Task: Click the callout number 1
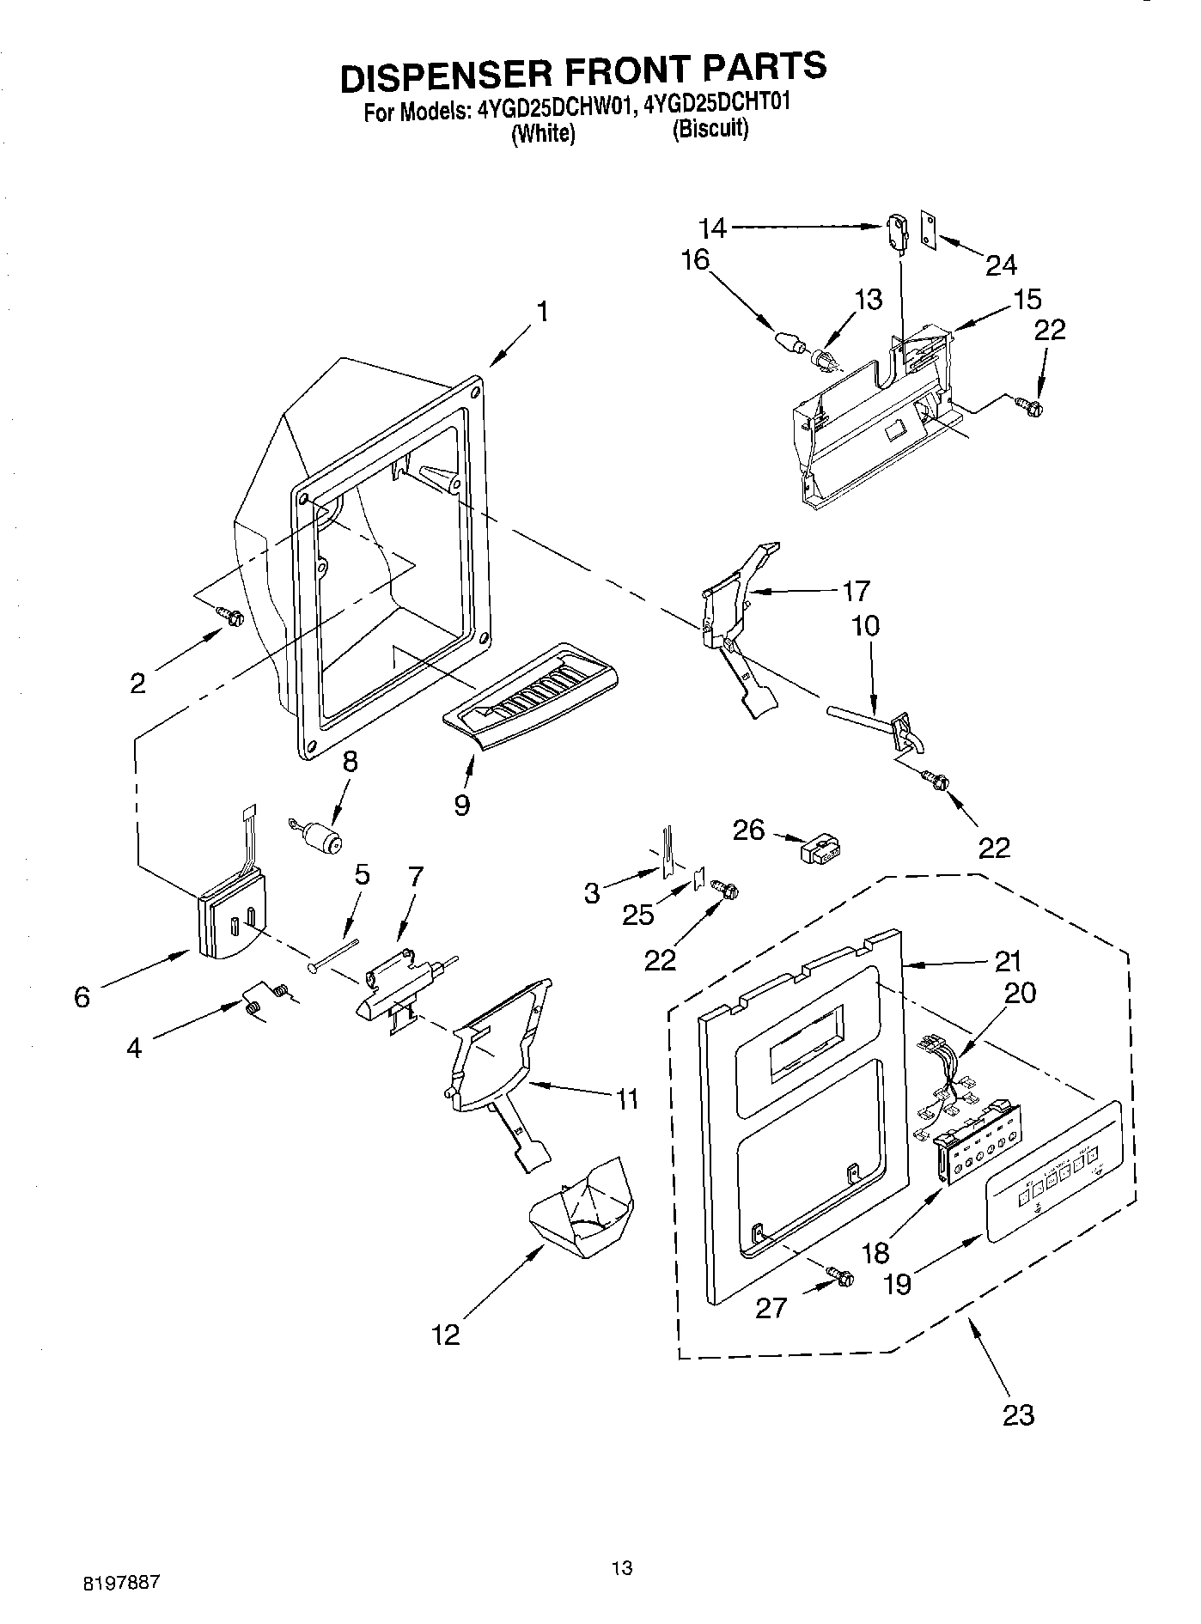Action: point(543,311)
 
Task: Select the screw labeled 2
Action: point(232,616)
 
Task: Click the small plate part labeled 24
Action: point(929,229)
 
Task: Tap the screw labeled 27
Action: point(838,1277)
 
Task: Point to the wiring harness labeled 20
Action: point(945,1076)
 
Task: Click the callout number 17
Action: point(856,591)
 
